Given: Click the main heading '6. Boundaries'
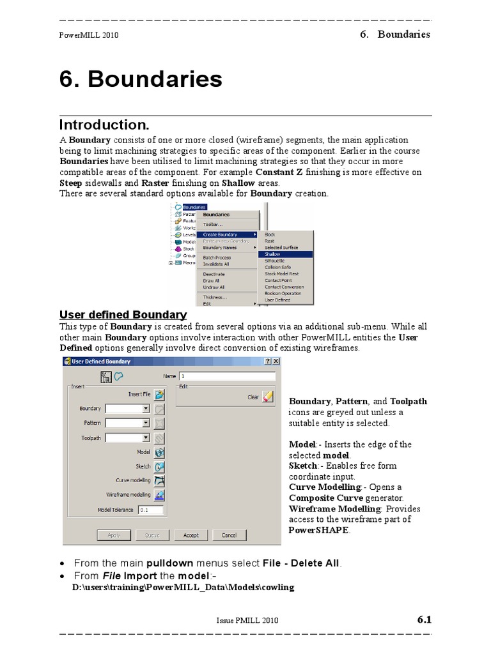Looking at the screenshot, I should (141, 79).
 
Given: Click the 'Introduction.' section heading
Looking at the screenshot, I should (104, 125).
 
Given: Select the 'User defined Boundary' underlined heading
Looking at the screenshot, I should (123, 315).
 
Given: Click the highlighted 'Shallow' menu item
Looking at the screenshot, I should (285, 254).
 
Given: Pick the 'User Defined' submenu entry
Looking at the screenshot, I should (277, 300).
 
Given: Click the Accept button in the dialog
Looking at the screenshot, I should (191, 535).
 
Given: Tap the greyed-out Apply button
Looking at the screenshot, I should (114, 535).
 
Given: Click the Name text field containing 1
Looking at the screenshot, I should (227, 377).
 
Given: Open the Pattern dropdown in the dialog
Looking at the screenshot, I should (146, 423).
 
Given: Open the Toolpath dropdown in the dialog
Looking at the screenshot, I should (146, 437).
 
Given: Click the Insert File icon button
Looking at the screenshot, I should (159, 395).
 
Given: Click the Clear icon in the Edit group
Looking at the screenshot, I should (268, 397).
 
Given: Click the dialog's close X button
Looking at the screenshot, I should (276, 361).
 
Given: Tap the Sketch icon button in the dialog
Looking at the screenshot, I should (159, 467).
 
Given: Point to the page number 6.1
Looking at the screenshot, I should (425, 620).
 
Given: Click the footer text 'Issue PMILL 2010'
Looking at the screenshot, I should (247, 620).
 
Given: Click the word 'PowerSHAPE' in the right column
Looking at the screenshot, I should (319, 530).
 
